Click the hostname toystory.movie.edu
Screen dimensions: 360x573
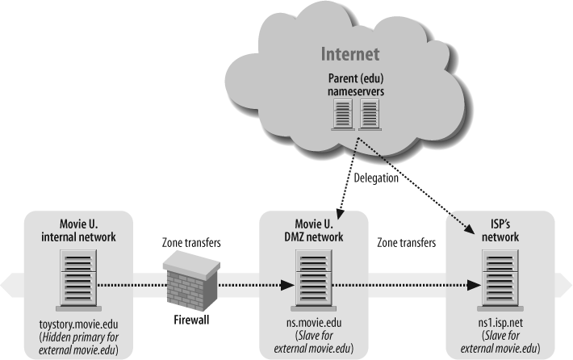77,324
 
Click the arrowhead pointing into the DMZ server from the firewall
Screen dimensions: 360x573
286,284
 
